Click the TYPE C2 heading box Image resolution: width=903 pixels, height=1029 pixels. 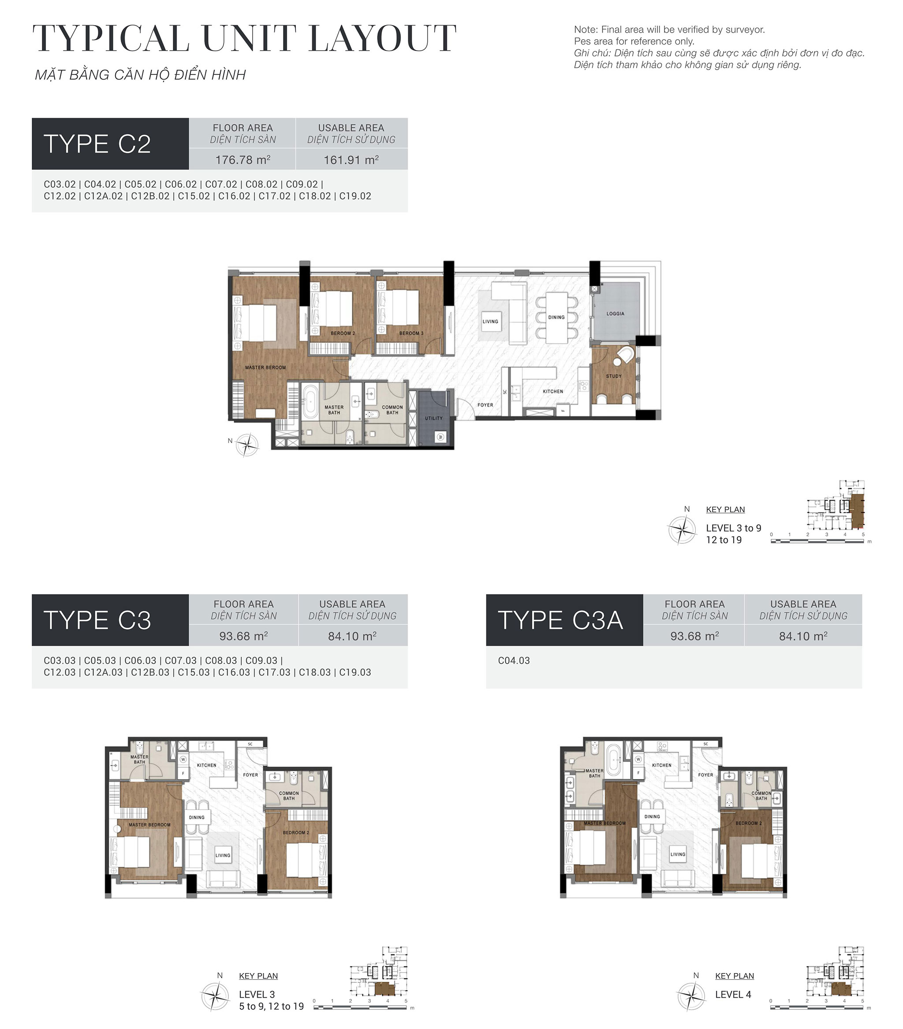(x=110, y=144)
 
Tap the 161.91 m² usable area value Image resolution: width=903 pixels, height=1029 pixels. (x=351, y=160)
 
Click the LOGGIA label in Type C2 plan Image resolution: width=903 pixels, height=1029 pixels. (x=615, y=314)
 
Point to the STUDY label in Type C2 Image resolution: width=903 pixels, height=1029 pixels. (x=613, y=376)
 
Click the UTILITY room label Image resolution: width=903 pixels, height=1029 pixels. (x=433, y=418)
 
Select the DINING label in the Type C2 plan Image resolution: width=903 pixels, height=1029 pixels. (x=556, y=317)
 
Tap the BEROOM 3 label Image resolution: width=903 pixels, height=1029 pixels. (x=411, y=333)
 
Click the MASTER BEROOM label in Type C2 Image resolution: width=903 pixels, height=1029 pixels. (x=265, y=368)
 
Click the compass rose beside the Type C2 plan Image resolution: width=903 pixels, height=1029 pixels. (x=247, y=445)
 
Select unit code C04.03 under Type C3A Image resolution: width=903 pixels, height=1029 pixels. (x=513, y=661)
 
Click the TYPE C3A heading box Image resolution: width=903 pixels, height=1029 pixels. (x=563, y=620)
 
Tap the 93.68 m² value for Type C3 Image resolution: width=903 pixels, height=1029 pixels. (x=243, y=636)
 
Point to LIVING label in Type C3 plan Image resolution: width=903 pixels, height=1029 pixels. (x=223, y=855)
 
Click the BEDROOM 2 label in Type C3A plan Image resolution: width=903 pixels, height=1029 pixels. (x=748, y=823)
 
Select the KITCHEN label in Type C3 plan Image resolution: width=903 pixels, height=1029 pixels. (x=206, y=765)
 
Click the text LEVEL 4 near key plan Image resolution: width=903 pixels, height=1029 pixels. (x=733, y=994)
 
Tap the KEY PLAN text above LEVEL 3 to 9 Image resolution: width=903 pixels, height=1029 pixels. (x=725, y=509)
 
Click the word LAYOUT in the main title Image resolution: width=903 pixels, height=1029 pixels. (x=382, y=39)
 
